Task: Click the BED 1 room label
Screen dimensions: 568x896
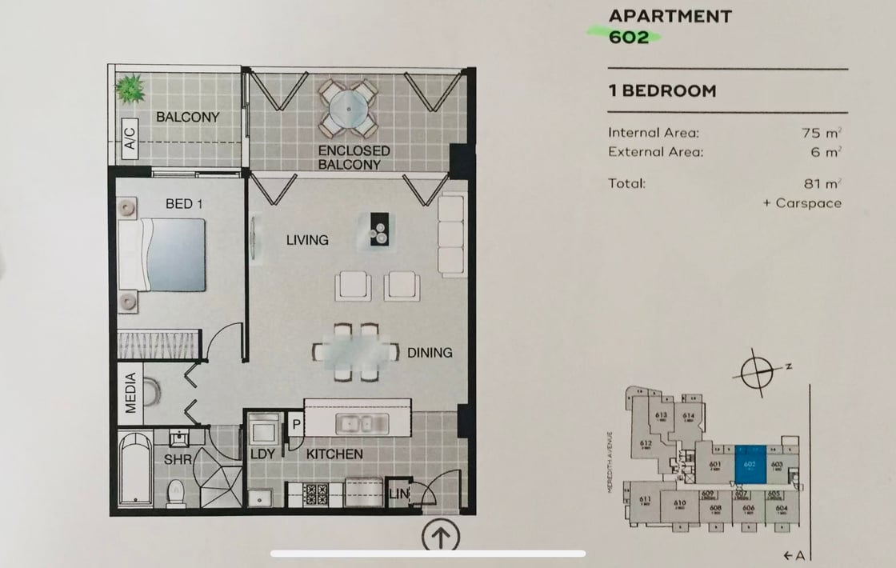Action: point(184,204)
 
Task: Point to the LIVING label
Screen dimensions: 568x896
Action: point(307,240)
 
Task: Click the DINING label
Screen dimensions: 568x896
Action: point(430,352)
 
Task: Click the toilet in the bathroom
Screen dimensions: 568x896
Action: point(176,493)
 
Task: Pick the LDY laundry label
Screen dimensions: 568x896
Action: point(262,454)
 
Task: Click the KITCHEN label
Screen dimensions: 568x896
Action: point(334,454)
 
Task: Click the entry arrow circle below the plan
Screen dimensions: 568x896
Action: point(440,534)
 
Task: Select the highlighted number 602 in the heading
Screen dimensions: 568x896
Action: point(629,37)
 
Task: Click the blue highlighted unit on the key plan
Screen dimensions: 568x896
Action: point(750,464)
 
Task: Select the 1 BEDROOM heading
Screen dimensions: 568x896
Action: point(662,90)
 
